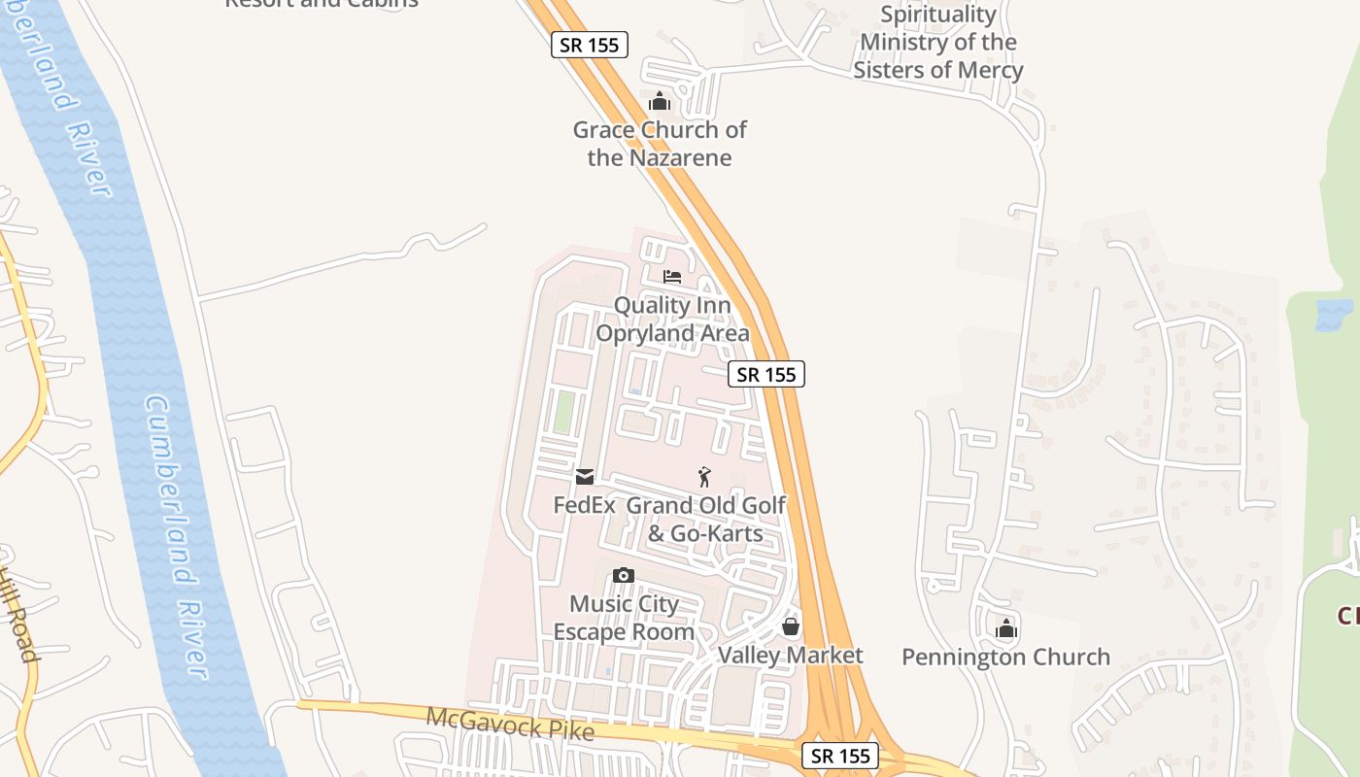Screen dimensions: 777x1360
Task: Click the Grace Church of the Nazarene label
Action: pyautogui.click(x=660, y=144)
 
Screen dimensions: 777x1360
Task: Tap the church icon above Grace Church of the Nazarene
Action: pyautogui.click(x=660, y=101)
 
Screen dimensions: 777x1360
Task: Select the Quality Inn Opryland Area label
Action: pyautogui.click(x=672, y=320)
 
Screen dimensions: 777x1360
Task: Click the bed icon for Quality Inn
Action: pyautogui.click(x=672, y=277)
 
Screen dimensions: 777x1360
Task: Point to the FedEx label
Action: pyautogui.click(x=585, y=505)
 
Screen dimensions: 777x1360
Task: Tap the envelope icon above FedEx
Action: pyautogui.click(x=585, y=477)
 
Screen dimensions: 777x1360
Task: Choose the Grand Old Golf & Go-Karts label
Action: pyautogui.click(x=706, y=520)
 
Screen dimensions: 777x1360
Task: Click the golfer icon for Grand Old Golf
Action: pyautogui.click(x=705, y=477)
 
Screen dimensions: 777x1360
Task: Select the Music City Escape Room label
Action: pyautogui.click(x=624, y=618)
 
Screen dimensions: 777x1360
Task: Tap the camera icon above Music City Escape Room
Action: pyautogui.click(x=624, y=576)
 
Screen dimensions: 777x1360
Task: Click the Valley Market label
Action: pyautogui.click(x=790, y=656)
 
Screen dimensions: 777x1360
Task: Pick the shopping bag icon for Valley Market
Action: pyautogui.click(x=791, y=626)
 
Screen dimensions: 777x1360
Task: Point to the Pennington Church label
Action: pyautogui.click(x=1005, y=658)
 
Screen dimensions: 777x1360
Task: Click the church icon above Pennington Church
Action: pyautogui.click(x=1006, y=628)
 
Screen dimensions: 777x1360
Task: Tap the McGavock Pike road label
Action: pyautogui.click(x=510, y=725)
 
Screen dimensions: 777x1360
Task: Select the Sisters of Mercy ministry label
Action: pyautogui.click(x=938, y=43)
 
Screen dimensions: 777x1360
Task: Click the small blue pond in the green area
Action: pyautogui.click(x=1333, y=314)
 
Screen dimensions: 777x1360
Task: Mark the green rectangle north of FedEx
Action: pyautogui.click(x=562, y=412)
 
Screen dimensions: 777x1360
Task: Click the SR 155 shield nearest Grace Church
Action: pyautogui.click(x=590, y=45)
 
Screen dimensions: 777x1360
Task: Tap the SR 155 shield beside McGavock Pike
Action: pyautogui.click(x=840, y=756)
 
